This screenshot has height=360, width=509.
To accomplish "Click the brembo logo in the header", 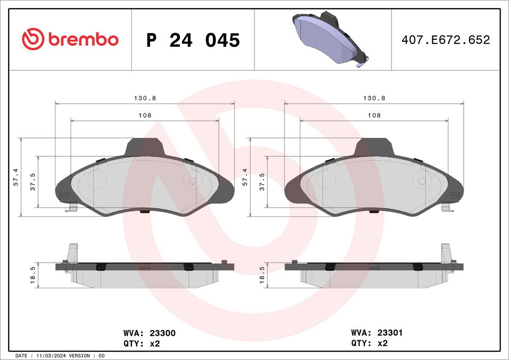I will [70, 39].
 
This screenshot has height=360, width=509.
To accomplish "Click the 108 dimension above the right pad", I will [374, 116].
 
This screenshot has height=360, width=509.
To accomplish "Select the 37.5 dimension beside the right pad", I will [263, 181].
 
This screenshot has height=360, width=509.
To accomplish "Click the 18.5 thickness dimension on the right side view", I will [263, 275].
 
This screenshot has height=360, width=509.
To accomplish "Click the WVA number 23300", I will [162, 333].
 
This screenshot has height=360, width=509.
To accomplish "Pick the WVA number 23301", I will [390, 333].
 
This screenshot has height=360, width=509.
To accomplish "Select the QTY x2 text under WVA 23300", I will [142, 343].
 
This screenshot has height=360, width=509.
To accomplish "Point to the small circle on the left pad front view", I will [193, 181].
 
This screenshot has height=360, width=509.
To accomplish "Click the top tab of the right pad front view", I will [374, 148].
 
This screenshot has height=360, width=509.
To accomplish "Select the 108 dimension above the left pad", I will [145, 116].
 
